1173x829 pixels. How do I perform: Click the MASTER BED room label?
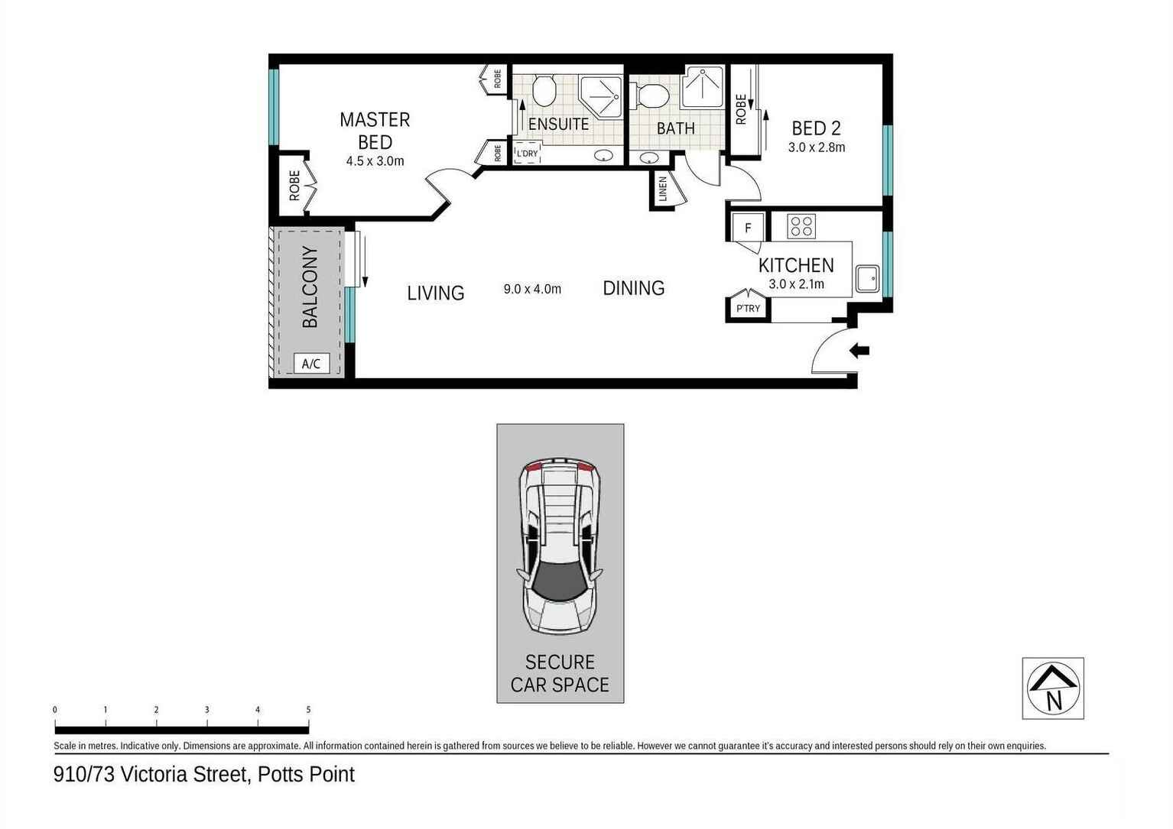pos(375,131)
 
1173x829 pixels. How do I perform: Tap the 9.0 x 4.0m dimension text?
pos(532,289)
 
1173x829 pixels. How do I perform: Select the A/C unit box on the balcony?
pos(311,364)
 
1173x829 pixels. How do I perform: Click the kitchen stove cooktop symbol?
pos(801,226)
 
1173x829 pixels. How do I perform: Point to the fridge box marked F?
pos(748,228)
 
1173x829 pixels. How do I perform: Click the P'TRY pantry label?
pos(748,309)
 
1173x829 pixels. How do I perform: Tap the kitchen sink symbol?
pos(868,279)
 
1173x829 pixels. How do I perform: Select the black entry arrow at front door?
pos(859,351)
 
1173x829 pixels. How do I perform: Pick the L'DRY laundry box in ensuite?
pos(528,153)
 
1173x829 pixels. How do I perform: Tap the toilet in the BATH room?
pos(652,97)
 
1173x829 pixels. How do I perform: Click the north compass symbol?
pos(1053,688)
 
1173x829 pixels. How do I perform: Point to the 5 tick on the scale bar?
pos(308,710)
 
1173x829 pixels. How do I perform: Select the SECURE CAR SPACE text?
pos(560,673)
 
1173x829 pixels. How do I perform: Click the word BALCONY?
pos(310,287)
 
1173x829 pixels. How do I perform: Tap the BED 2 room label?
pos(816,128)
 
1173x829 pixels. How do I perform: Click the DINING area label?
pos(633,288)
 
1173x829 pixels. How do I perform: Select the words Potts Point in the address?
pos(306,775)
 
